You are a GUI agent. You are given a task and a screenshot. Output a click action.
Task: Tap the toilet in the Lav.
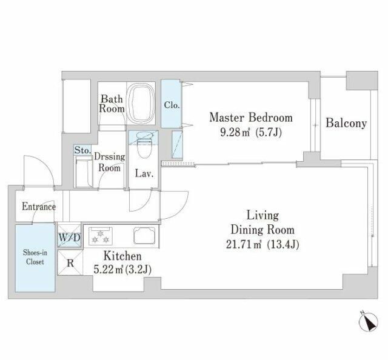tap(143, 144)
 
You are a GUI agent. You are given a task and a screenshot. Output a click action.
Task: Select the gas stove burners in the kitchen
tap(101, 236)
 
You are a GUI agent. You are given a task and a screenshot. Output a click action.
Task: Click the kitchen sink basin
tap(144, 235)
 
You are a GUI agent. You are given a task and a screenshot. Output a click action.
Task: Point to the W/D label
tap(69, 238)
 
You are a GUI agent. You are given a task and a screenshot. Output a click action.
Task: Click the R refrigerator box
tap(70, 262)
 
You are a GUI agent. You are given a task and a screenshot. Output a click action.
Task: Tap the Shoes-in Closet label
tap(35, 258)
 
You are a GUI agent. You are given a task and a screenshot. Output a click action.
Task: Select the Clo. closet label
tap(172, 105)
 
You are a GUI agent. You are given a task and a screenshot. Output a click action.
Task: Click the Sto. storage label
tap(82, 150)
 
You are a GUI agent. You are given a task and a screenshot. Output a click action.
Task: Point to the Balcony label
tap(346, 123)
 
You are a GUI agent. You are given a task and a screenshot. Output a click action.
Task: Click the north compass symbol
tap(369, 322)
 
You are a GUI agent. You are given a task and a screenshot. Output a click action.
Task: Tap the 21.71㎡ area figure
tap(244, 245)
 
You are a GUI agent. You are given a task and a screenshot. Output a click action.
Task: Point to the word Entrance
tap(39, 207)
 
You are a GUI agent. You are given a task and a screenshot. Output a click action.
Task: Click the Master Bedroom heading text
tap(251, 118)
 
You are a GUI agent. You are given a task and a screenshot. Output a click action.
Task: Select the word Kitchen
tap(122, 256)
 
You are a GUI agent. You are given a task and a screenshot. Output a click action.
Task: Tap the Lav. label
tap(144, 173)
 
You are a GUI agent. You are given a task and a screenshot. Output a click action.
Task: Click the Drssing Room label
tap(109, 162)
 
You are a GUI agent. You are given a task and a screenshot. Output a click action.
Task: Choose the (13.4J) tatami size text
tap(283, 245)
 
